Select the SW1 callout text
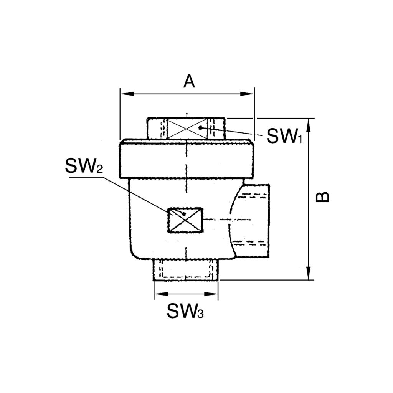284,136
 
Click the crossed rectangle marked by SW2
185,220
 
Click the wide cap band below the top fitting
186,159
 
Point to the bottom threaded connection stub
186,270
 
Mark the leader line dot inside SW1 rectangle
200,127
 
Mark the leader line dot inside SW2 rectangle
185,213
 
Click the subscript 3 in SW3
200,315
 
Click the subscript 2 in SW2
99,170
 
